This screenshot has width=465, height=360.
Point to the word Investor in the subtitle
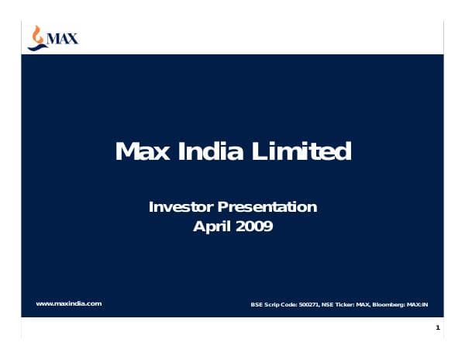[x=181, y=207]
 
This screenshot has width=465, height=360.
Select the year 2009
[x=254, y=227]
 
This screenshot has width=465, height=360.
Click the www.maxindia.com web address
[x=69, y=303]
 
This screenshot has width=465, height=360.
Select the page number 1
[x=438, y=329]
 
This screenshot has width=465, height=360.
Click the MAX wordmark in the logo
[x=64, y=36]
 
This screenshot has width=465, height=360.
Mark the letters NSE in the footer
[x=328, y=304]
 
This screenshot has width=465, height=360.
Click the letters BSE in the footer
[x=256, y=304]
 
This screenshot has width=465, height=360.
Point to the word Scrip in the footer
[x=270, y=304]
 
